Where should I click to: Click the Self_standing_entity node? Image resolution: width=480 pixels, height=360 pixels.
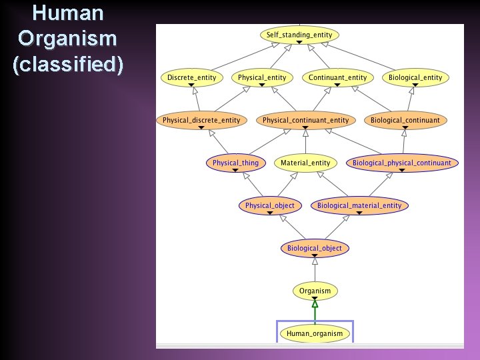tap(299, 35)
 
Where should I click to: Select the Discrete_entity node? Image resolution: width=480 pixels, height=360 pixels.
tap(191, 77)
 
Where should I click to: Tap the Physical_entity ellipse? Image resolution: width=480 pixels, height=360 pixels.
tap(262, 77)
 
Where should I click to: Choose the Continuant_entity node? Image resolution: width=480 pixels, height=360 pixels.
tap(337, 77)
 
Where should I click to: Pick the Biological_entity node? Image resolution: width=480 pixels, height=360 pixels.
tap(415, 77)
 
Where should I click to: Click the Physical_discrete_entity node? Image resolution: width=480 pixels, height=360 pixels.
tap(201, 120)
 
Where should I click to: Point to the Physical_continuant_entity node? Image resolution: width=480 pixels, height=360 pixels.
tap(305, 120)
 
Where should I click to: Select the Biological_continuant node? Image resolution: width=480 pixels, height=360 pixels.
tap(405, 120)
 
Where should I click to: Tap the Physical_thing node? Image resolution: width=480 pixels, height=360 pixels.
tap(235, 163)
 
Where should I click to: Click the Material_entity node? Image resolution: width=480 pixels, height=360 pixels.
tap(305, 163)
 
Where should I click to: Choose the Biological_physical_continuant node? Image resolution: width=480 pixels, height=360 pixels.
tap(402, 163)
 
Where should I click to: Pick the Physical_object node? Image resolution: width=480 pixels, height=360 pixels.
tap(269, 205)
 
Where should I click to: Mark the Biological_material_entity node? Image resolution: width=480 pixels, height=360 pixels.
tap(359, 205)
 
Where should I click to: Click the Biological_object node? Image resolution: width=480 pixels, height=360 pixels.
tap(315, 248)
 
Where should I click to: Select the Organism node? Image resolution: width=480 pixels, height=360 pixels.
tap(315, 291)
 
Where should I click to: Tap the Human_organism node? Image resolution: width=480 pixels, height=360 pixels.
tap(315, 333)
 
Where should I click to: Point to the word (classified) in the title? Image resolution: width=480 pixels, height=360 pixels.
tap(67, 65)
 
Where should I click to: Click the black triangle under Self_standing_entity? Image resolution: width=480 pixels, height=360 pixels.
tap(299, 42)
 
